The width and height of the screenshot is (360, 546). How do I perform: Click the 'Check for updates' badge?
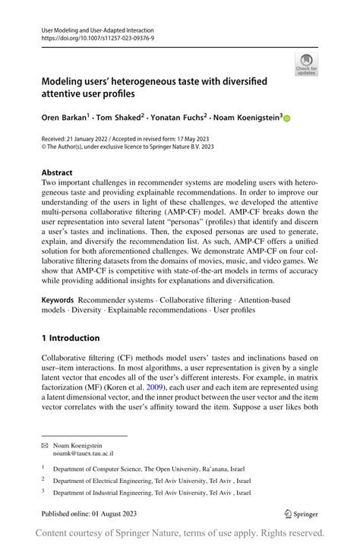click(x=306, y=64)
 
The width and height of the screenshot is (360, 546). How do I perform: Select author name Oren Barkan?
click(x=65, y=118)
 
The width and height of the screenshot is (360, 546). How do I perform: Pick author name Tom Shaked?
click(x=122, y=118)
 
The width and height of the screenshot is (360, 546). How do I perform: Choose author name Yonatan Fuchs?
click(x=184, y=118)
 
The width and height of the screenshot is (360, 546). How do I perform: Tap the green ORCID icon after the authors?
click(x=287, y=118)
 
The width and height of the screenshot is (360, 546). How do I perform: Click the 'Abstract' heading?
click(x=57, y=172)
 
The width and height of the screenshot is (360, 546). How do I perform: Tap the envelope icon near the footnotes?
click(x=44, y=445)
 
